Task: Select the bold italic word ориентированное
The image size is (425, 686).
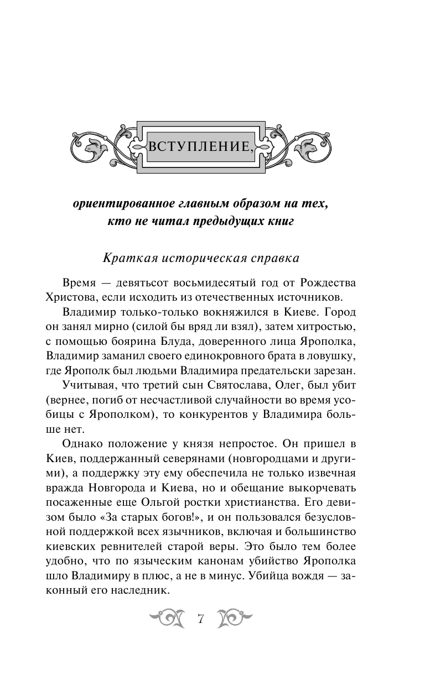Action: point(116,203)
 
